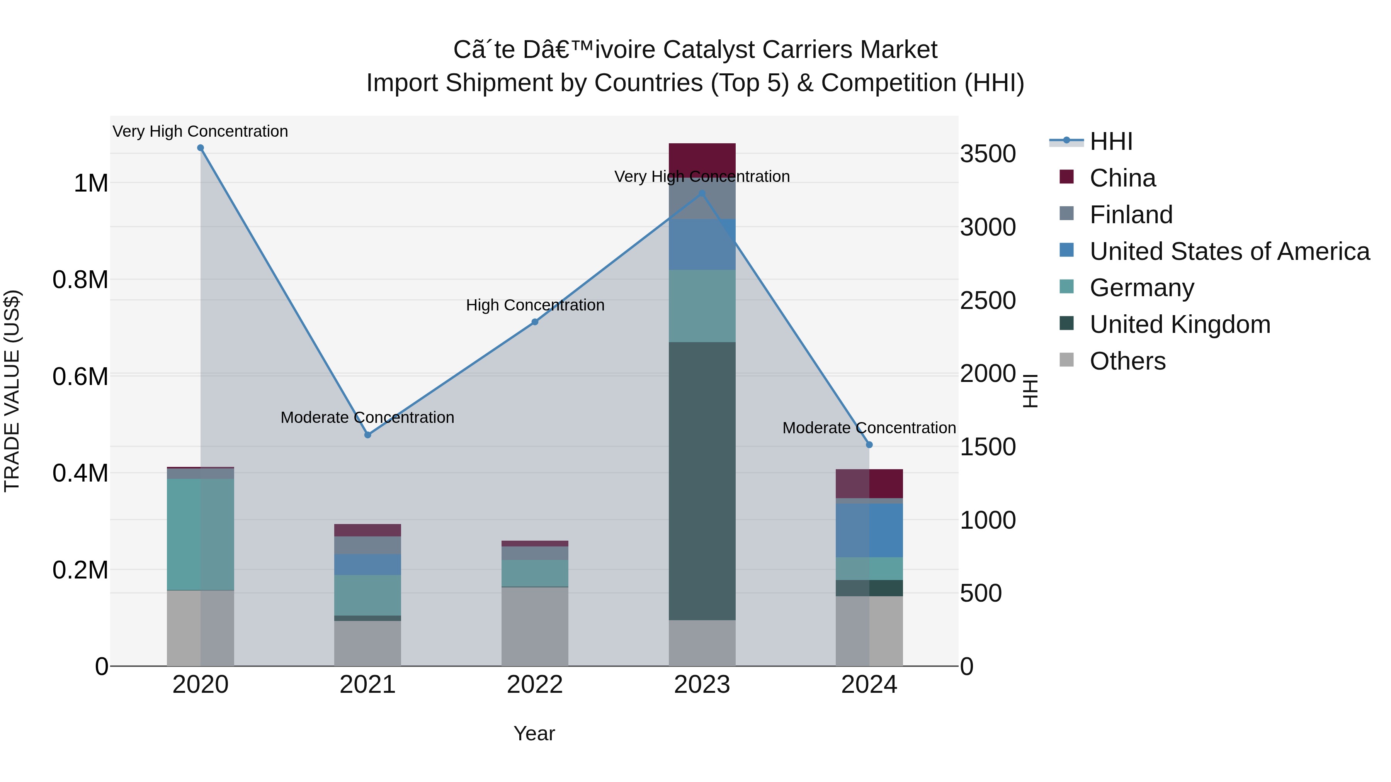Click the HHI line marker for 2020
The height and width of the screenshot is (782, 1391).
(200, 148)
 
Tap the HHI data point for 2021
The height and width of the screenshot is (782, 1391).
(368, 435)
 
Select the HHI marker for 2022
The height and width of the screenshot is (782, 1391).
(535, 322)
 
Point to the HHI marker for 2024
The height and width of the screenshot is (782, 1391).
(869, 445)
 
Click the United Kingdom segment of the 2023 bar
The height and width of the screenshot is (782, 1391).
(702, 480)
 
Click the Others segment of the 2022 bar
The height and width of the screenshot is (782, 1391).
(535, 626)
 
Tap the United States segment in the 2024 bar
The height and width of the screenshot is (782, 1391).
(869, 530)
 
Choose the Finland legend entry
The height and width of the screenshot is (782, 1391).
(1131, 215)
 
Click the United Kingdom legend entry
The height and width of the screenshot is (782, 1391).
(1180, 324)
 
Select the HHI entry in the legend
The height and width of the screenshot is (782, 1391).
(1111, 141)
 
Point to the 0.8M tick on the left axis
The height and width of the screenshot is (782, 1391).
(80, 280)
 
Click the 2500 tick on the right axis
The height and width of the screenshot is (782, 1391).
(988, 300)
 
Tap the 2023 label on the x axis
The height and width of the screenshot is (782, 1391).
(702, 685)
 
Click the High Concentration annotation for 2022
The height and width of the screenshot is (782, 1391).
(535, 305)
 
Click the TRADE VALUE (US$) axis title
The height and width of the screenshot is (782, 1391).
(12, 391)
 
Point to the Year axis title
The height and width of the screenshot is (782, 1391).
(534, 733)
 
